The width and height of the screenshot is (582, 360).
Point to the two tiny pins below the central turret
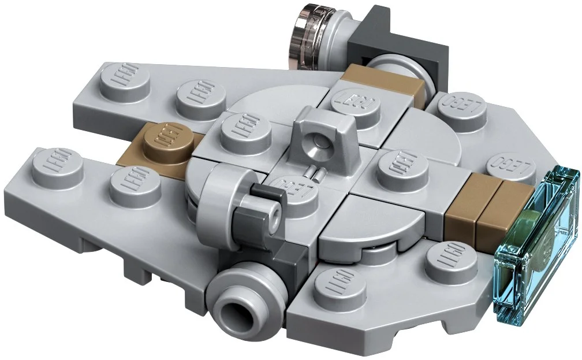[x=315, y=172]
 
